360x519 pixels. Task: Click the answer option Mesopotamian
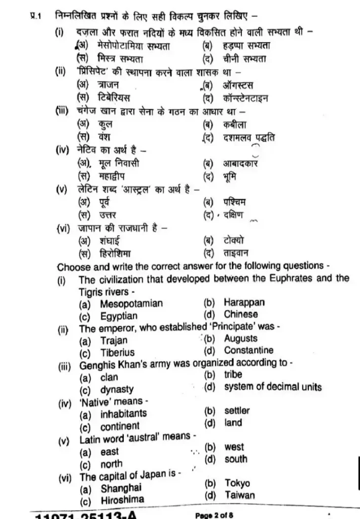tap(131, 304)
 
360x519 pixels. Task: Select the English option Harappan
tap(244, 303)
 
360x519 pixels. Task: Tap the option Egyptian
tap(119, 316)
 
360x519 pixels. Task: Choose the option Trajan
tap(114, 341)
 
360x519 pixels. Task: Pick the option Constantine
tap(248, 350)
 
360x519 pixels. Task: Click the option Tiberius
tap(118, 353)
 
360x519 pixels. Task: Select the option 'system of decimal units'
tap(273, 387)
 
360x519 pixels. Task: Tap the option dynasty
tap(117, 390)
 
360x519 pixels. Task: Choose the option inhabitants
tap(123, 414)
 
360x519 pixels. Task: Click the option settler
tap(237, 411)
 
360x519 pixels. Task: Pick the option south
tap(236, 459)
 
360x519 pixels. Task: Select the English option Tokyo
tap(237, 483)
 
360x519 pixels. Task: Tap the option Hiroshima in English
tap(122, 500)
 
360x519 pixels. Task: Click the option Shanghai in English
tap(121, 489)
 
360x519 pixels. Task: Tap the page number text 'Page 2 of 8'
tap(214, 515)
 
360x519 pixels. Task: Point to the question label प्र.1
tap(33, 17)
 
